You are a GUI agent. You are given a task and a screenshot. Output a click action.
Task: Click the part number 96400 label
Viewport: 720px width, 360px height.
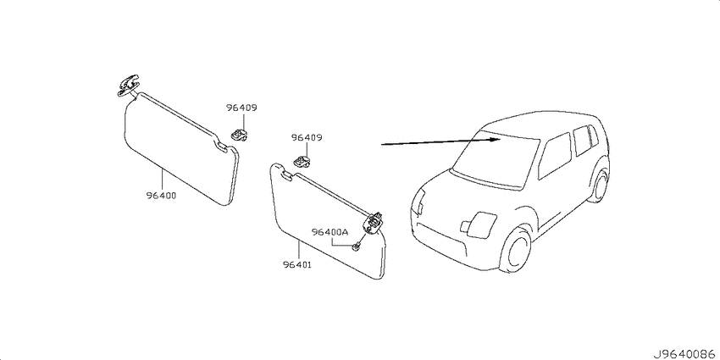coord(162,196)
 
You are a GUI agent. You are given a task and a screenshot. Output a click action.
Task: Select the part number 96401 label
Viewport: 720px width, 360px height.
coord(297,264)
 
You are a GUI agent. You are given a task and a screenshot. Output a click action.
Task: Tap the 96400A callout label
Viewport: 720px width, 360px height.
coord(330,232)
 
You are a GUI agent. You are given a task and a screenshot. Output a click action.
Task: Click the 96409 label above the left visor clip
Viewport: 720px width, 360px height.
coord(241,108)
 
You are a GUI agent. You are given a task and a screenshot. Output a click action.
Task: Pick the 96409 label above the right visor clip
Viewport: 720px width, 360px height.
coord(307,137)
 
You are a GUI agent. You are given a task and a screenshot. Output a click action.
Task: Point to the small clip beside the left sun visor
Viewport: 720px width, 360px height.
coord(238,134)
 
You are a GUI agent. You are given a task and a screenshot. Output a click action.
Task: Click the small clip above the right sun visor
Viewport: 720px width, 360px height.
coord(302,161)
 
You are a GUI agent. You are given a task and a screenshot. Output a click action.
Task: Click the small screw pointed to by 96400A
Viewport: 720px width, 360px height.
coord(356,248)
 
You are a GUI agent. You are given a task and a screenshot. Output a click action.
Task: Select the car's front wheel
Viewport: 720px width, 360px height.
coord(516,250)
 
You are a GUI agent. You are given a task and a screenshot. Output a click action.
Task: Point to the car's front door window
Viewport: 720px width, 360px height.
coord(555,156)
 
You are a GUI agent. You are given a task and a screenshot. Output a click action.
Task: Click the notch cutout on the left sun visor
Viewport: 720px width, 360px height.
coord(221,146)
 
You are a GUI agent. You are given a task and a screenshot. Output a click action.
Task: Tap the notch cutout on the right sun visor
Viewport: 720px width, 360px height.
coord(286,174)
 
